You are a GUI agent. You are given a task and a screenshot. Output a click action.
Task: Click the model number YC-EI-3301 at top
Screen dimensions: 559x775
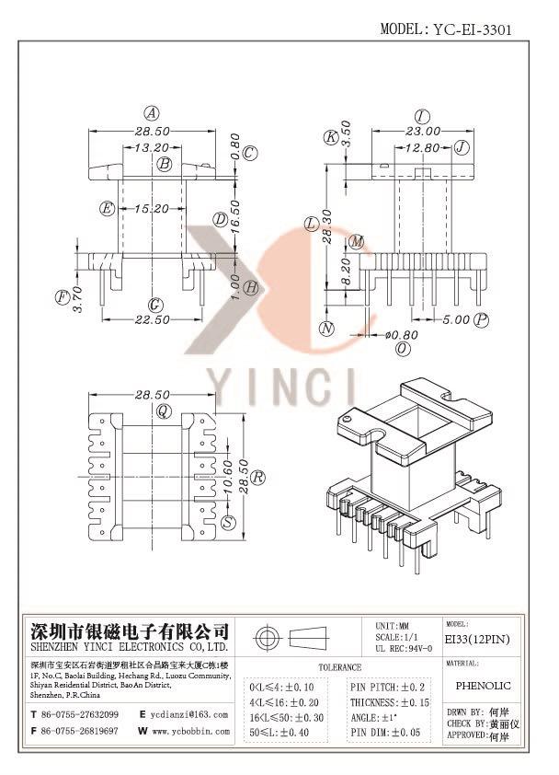point(473,29)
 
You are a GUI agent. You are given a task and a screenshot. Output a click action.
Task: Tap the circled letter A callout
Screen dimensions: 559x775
point(152,114)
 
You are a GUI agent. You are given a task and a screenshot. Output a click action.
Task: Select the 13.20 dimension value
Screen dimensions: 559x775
point(152,147)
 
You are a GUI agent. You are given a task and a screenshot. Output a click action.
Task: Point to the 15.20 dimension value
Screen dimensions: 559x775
point(152,209)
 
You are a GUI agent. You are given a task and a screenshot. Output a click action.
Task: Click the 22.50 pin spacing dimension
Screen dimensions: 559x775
point(152,319)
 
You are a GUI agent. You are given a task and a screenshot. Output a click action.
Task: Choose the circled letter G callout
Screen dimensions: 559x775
point(155,305)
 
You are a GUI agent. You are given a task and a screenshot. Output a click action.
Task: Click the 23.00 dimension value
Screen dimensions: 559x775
point(423,132)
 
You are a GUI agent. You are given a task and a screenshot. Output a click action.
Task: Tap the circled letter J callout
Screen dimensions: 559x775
point(462,146)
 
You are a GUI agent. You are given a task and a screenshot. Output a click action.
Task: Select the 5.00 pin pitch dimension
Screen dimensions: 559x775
point(456,319)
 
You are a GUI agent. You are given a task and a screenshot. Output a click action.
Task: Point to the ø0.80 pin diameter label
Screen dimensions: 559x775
point(402,335)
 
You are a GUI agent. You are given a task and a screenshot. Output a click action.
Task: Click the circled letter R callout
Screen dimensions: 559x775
point(257,477)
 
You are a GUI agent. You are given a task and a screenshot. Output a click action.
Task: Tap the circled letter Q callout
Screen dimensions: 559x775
point(163,411)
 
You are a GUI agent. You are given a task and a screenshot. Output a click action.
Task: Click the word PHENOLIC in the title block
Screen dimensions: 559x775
point(483,686)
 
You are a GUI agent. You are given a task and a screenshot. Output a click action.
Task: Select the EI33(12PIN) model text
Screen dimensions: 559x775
point(477,639)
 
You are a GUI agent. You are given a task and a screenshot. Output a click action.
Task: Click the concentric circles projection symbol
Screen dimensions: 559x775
point(268,638)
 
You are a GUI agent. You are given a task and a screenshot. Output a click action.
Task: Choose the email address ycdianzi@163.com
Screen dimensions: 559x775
point(189,714)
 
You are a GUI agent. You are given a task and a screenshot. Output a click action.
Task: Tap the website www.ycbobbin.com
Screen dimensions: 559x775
point(190,731)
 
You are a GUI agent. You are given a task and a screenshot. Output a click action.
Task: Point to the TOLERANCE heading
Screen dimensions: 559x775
point(340,667)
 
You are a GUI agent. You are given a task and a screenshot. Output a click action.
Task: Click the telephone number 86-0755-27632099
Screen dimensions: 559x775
point(79,714)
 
